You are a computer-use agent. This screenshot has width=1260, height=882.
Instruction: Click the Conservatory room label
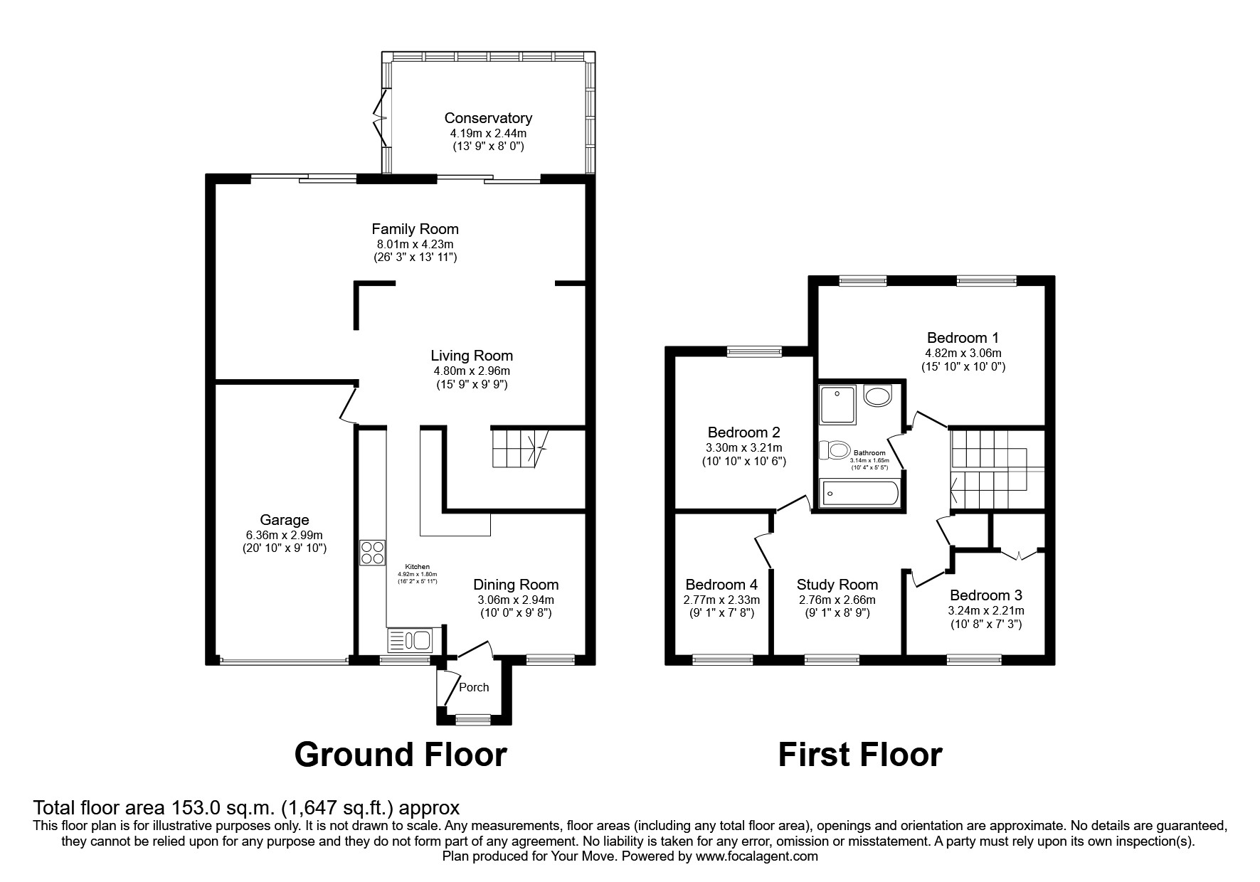(x=488, y=118)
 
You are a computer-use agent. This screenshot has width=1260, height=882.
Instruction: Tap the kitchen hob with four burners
(x=373, y=553)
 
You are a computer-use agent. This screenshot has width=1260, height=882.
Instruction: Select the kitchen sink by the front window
(x=410, y=640)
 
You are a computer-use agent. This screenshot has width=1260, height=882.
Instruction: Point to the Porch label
(x=474, y=687)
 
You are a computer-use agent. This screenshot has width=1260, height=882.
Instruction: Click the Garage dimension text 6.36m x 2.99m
(x=285, y=535)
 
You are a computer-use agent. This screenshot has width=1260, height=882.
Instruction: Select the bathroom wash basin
(x=878, y=395)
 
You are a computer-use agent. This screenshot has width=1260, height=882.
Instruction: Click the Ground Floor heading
(x=401, y=755)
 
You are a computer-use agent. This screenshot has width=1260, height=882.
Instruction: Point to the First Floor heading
(x=860, y=755)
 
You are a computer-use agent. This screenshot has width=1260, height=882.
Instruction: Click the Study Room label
(x=837, y=585)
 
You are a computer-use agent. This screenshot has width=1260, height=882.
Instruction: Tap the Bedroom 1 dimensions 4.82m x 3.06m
(x=967, y=353)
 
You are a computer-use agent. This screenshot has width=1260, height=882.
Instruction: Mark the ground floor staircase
(x=519, y=448)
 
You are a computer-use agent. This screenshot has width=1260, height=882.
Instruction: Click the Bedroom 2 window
(x=754, y=350)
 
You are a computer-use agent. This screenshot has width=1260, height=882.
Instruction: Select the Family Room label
(x=415, y=229)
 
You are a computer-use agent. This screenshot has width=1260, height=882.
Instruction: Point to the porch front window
(x=467, y=720)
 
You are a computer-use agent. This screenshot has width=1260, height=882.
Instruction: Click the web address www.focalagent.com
(x=756, y=856)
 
